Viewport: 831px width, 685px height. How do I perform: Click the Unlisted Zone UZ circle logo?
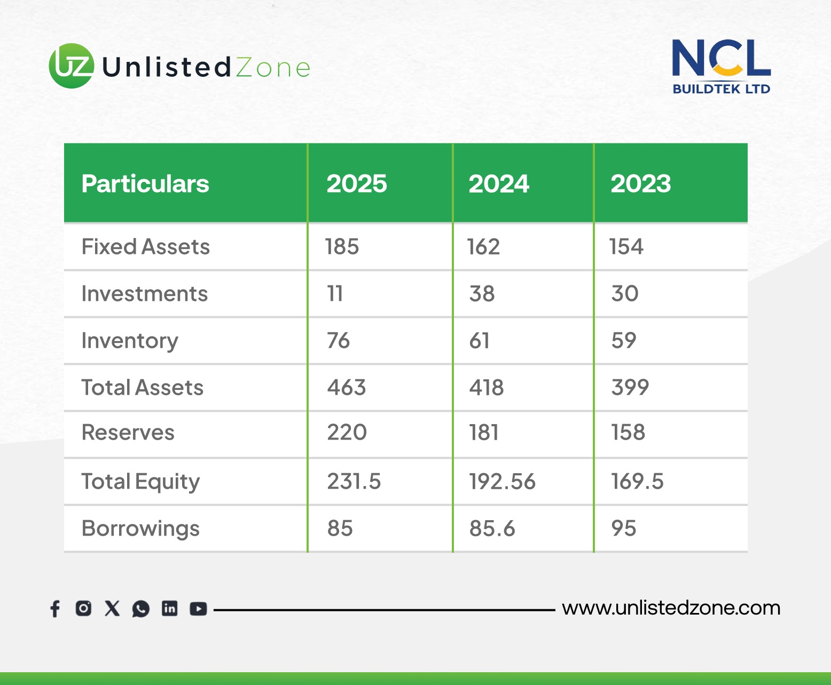pyautogui.click(x=72, y=66)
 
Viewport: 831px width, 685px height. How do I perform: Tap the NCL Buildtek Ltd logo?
pyautogui.click(x=721, y=66)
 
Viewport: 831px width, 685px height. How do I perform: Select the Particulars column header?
pyautogui.click(x=145, y=184)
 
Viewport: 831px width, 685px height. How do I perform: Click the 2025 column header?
pyautogui.click(x=357, y=184)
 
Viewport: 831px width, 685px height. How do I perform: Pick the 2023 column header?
pyautogui.click(x=641, y=184)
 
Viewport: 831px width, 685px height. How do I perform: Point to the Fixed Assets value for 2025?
pyautogui.click(x=342, y=246)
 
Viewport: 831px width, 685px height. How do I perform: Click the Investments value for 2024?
pyautogui.click(x=482, y=293)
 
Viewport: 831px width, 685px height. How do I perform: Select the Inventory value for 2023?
pyautogui.click(x=624, y=340)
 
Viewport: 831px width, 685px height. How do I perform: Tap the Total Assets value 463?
pyautogui.click(x=346, y=387)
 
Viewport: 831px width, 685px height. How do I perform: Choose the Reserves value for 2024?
pyautogui.click(x=483, y=432)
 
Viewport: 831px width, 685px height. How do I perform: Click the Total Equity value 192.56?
pyautogui.click(x=502, y=481)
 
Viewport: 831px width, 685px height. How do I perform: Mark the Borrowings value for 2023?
pyautogui.click(x=624, y=528)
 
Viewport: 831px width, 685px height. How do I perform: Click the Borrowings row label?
pyautogui.click(x=140, y=529)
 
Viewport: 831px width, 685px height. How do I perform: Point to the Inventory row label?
pyautogui.click(x=130, y=341)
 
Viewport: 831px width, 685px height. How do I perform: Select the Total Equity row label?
pyautogui.click(x=140, y=482)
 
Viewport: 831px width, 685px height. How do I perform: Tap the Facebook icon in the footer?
pyautogui.click(x=56, y=609)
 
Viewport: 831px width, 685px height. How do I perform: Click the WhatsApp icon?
pyautogui.click(x=140, y=609)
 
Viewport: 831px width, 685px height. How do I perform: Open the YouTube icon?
pyautogui.click(x=198, y=609)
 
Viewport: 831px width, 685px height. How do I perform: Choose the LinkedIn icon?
pyautogui.click(x=169, y=609)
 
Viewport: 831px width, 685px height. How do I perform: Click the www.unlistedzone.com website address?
pyautogui.click(x=671, y=608)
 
